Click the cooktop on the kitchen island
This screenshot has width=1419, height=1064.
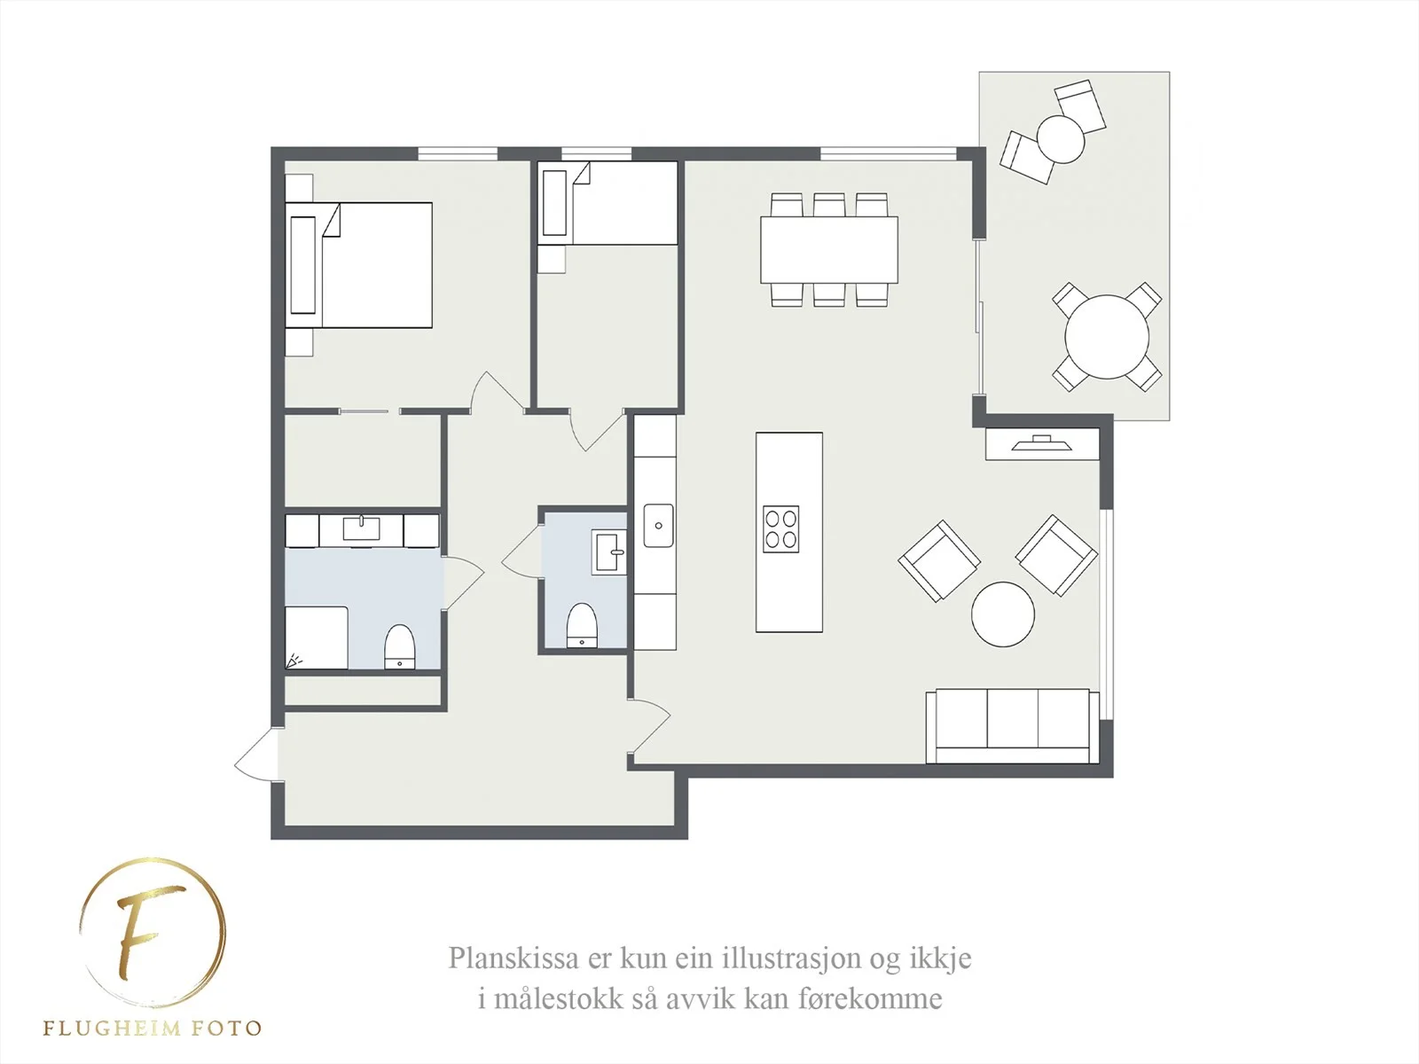click(x=781, y=529)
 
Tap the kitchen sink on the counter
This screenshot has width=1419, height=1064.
click(x=658, y=526)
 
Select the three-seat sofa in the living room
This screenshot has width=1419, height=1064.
click(x=1013, y=726)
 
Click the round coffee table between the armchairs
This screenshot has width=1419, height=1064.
click(x=1003, y=614)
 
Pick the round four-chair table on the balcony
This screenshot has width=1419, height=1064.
click(x=1107, y=337)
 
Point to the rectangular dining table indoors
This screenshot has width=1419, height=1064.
click(x=828, y=250)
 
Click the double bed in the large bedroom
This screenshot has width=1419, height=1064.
click(x=359, y=265)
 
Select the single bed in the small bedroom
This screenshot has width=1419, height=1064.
click(x=608, y=204)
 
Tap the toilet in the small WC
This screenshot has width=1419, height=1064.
click(x=581, y=625)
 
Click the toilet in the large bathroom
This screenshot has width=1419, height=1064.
click(x=399, y=646)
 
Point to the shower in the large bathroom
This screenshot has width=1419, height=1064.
click(x=317, y=638)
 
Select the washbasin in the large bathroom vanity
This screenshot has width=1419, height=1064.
click(x=361, y=528)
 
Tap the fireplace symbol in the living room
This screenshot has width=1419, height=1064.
click(x=1041, y=443)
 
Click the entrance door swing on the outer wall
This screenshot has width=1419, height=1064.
click(x=257, y=754)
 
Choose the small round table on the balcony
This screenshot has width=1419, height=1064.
click(x=1060, y=139)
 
